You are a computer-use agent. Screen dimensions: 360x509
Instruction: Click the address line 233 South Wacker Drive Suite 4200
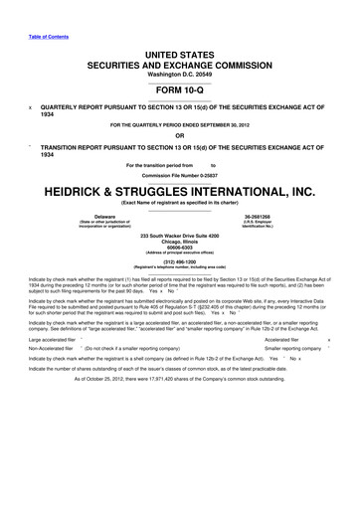(180, 234)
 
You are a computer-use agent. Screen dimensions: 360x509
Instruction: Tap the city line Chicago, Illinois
(180, 240)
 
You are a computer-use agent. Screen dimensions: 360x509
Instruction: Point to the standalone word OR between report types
(180, 137)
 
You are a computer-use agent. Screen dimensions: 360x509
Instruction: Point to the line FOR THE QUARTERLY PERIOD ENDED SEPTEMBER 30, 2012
(180, 124)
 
